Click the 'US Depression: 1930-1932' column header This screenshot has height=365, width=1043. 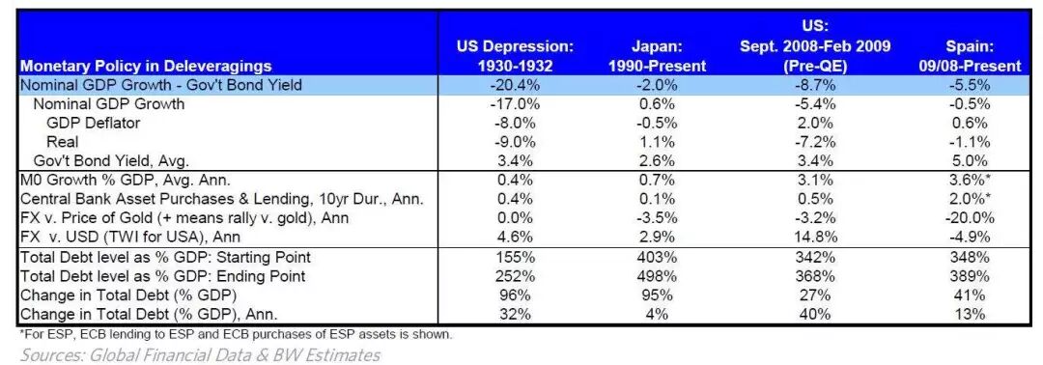coord(515,57)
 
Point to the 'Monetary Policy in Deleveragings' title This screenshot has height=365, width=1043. coord(147,66)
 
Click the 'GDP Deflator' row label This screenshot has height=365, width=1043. coord(93,123)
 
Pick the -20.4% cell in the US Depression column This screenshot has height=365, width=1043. coord(516,85)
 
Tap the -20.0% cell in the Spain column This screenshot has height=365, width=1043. coord(970,217)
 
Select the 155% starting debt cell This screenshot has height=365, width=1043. coord(516,257)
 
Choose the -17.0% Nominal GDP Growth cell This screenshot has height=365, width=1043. coord(516,104)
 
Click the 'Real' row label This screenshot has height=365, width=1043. coord(63,142)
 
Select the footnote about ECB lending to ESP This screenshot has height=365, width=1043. coord(237,334)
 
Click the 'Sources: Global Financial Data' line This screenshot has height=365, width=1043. coord(200,355)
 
